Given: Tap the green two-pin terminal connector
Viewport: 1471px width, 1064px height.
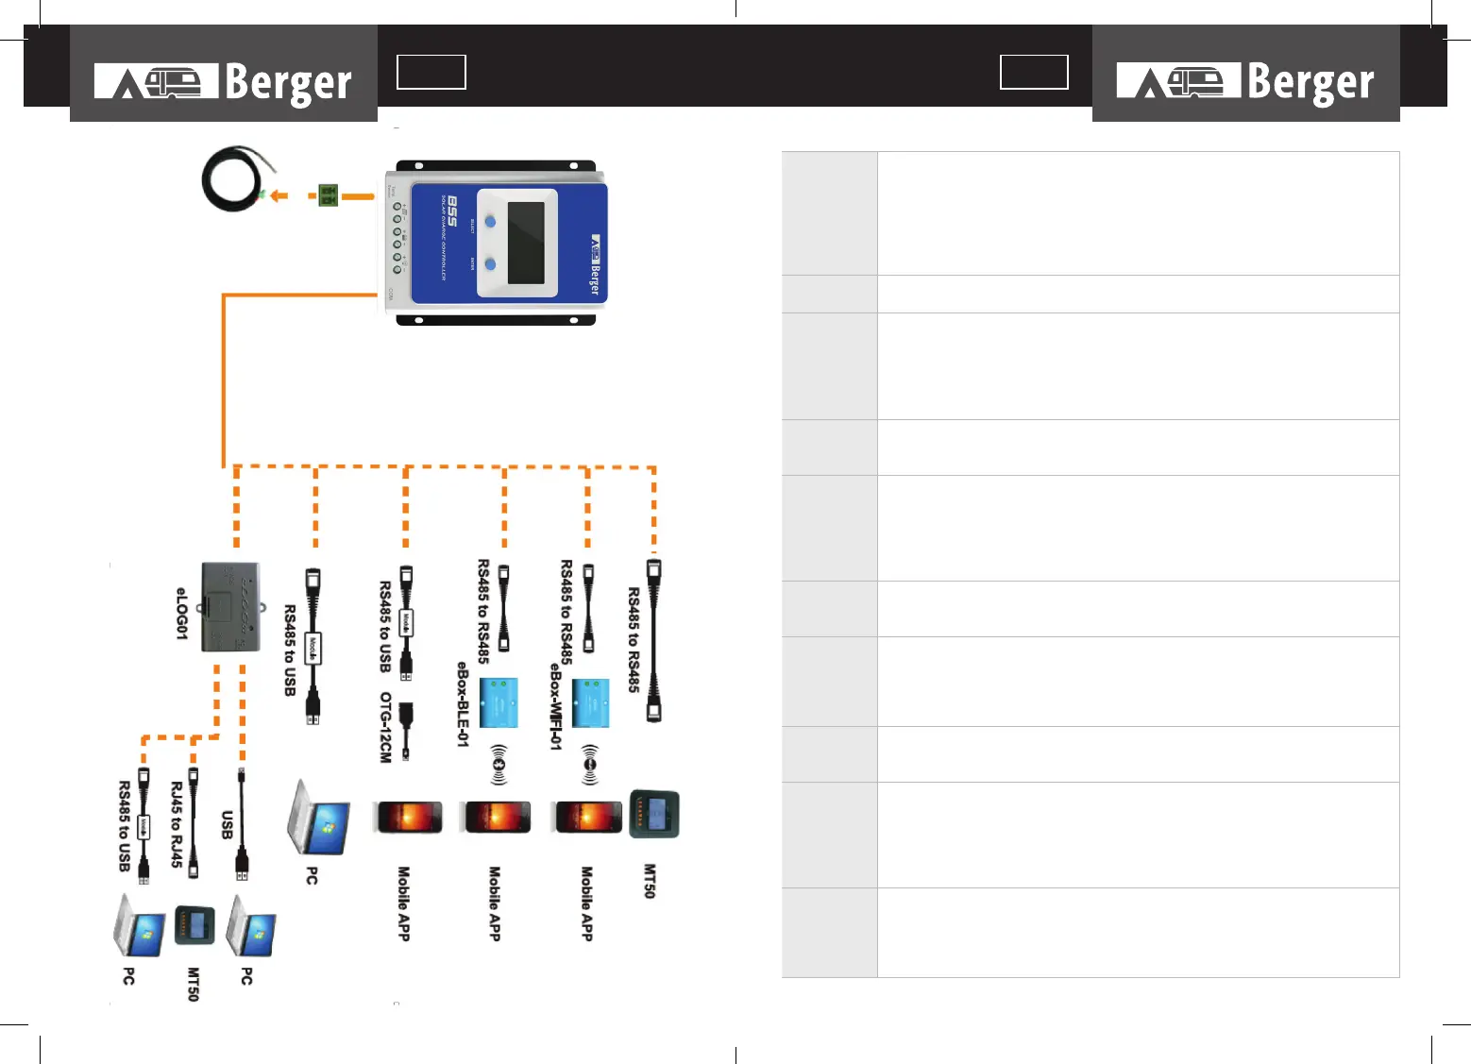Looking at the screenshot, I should pos(328,195).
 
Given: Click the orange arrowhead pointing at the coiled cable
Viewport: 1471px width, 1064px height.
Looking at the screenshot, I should pos(278,195).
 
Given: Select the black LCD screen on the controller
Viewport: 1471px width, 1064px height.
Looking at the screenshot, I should pos(526,242).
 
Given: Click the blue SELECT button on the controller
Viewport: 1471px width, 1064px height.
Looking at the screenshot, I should pos(490,222).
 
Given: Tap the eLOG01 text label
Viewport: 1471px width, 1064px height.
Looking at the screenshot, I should pos(182,613).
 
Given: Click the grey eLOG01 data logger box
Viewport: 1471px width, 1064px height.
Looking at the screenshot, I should pos(230,607).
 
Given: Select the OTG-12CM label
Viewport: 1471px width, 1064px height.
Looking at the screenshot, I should pos(385,727).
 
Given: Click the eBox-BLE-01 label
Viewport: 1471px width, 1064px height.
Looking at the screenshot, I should pos(463,704).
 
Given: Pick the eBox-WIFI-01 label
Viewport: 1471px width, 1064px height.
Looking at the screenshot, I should pos(556,706).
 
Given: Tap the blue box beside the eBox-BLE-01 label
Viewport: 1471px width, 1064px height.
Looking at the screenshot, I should pos(499,702).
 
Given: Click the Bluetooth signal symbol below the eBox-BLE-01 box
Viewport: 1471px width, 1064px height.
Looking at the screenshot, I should pos(499,764).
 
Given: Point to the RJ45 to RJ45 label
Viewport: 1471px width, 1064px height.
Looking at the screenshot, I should pos(177,823).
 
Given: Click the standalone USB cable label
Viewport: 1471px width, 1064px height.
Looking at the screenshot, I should pos(227,823).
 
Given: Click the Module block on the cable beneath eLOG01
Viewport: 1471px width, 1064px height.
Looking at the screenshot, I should pos(144,827).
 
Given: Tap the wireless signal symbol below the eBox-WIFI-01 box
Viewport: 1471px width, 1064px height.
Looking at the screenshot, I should pos(590,764).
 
